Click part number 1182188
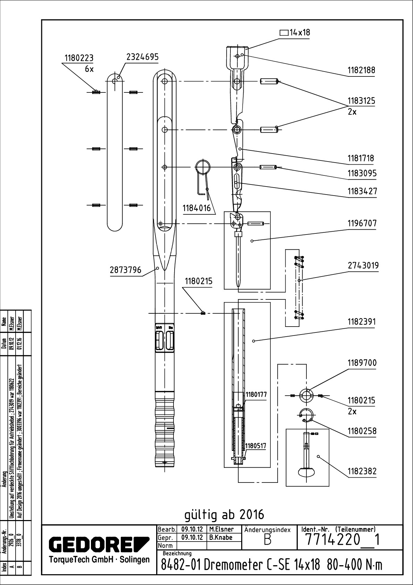coord(361,70)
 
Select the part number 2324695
coord(142,57)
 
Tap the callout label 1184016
coord(197,208)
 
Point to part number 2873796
coord(125,270)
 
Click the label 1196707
coord(362,223)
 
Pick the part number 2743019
coord(363,265)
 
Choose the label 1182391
coord(362,322)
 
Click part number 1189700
coord(362,363)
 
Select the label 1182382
coord(362,471)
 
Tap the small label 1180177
coord(256,395)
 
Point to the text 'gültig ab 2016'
coord(224,514)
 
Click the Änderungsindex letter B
coord(267,541)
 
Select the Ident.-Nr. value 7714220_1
coord(342,541)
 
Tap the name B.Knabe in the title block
coord(220,537)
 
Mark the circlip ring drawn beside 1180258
coord(306,415)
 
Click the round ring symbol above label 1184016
coord(203,167)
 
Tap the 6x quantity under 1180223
coord(89,69)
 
